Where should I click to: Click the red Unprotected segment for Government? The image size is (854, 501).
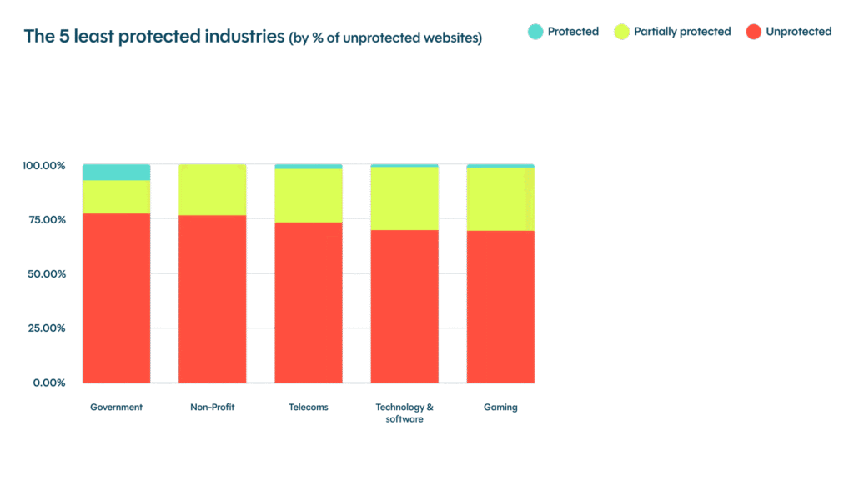pyautogui.click(x=116, y=298)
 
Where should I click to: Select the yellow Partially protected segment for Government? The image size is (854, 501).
pyautogui.click(x=116, y=197)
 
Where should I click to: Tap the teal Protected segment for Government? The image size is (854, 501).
pyautogui.click(x=116, y=173)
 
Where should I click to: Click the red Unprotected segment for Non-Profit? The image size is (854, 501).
pyautogui.click(x=213, y=299)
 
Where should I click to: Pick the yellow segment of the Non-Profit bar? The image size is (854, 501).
pyautogui.click(x=213, y=190)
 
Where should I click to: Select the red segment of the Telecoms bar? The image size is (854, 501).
pyautogui.click(x=309, y=303)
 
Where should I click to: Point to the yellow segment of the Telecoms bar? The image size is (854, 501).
pyautogui.click(x=309, y=196)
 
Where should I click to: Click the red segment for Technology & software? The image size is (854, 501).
pyautogui.click(x=404, y=306)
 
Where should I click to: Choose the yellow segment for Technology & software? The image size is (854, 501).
pyautogui.click(x=404, y=198)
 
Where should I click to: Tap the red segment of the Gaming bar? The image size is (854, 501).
pyautogui.click(x=500, y=307)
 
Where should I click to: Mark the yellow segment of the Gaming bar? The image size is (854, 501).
pyautogui.click(x=500, y=199)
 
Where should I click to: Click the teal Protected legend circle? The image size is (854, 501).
pyautogui.click(x=535, y=32)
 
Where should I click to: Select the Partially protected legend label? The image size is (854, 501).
pyautogui.click(x=683, y=32)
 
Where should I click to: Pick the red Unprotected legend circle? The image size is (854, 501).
pyautogui.click(x=753, y=32)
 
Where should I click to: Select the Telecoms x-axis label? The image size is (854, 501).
pyautogui.click(x=309, y=408)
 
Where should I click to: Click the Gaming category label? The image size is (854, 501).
pyautogui.click(x=500, y=408)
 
